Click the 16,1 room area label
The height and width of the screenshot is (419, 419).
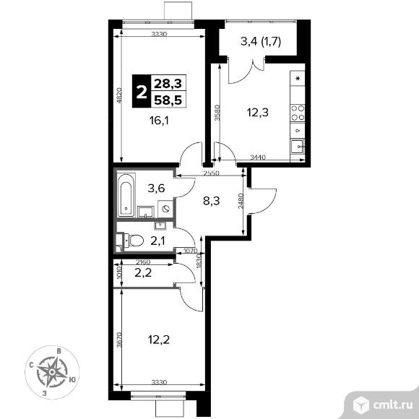pyautogui.click(x=159, y=121)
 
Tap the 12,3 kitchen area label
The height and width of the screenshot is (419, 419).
pyautogui.click(x=258, y=113)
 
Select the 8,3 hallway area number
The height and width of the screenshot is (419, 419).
pyautogui.click(x=212, y=200)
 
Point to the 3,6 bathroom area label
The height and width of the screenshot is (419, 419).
pyautogui.click(x=156, y=189)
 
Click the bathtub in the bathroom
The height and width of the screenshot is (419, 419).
pyautogui.click(x=126, y=195)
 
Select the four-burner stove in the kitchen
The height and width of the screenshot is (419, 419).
pyautogui.click(x=298, y=113)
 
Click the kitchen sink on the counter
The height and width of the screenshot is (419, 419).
pyautogui.click(x=298, y=147)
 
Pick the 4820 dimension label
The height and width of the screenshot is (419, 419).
pyautogui.click(x=120, y=95)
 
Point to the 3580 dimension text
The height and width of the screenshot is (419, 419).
pyautogui.click(x=217, y=113)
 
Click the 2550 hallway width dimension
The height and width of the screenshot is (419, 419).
pyautogui.click(x=211, y=173)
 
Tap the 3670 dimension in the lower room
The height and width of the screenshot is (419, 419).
pyautogui.click(x=119, y=340)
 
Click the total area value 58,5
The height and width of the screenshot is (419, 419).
pyautogui.click(x=168, y=100)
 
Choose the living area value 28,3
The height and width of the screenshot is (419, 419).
pyautogui.click(x=168, y=84)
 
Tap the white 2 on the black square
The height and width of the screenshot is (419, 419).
pyautogui.click(x=142, y=92)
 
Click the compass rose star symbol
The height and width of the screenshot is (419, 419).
pyautogui.click(x=52, y=372)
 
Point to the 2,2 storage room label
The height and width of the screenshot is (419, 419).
pyautogui.click(x=143, y=273)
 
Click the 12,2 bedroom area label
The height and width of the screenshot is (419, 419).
pyautogui.click(x=159, y=340)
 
